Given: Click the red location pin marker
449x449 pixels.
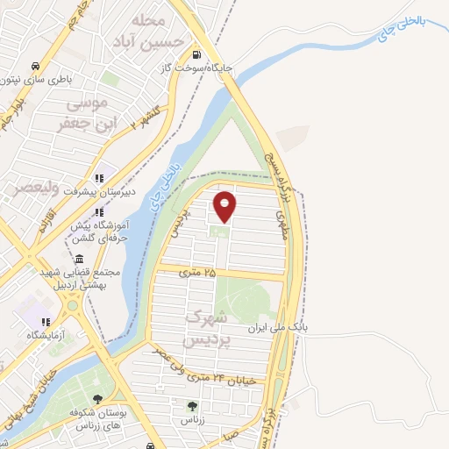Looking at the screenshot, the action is (225, 206).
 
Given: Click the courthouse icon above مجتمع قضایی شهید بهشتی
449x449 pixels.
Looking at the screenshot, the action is (80, 260).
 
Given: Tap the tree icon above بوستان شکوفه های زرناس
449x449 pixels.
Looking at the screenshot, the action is (96, 399).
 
